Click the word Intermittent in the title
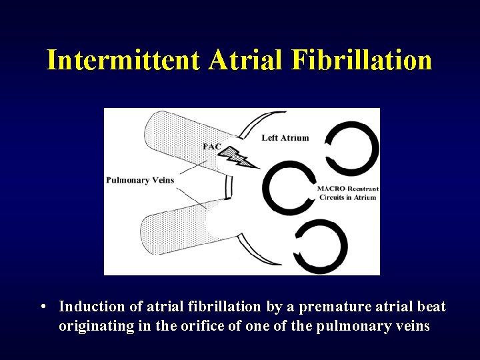tap(123, 61)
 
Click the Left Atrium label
tap(285, 138)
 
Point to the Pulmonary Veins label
tap(140, 180)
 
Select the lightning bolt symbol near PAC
tap(241, 159)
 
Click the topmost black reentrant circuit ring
tap(352, 148)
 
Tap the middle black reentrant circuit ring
tap(289, 188)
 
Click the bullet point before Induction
tap(43, 307)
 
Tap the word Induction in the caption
tap(87, 307)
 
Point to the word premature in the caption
tap(332, 307)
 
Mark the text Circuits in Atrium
tap(347, 197)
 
